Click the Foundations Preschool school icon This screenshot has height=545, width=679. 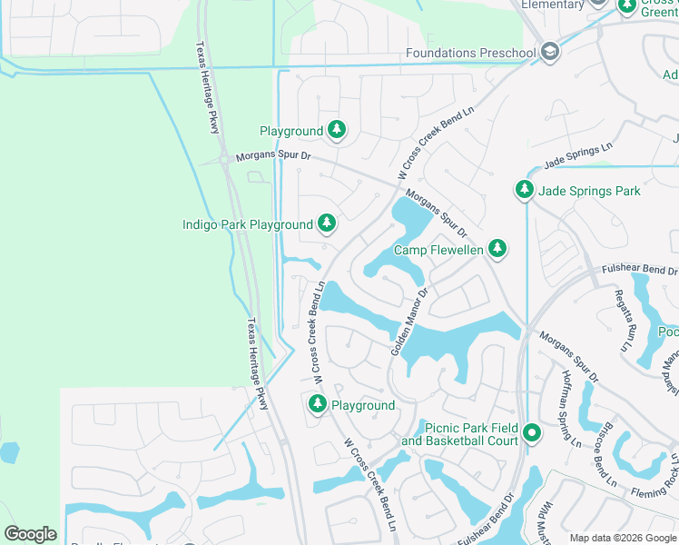coord(549,53)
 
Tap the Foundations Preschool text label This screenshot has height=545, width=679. coord(471,53)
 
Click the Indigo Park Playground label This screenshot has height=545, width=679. coord(247,224)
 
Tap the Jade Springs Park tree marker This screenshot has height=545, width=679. coord(524,191)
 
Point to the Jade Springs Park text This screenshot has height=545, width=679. coord(589,191)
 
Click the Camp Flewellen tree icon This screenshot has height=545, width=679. coord(497,249)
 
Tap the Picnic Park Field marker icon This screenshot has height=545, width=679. coord(532,434)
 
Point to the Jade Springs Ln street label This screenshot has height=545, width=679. coord(578,155)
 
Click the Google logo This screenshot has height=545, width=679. coord(30,534)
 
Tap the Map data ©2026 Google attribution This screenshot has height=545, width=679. coord(623,538)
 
